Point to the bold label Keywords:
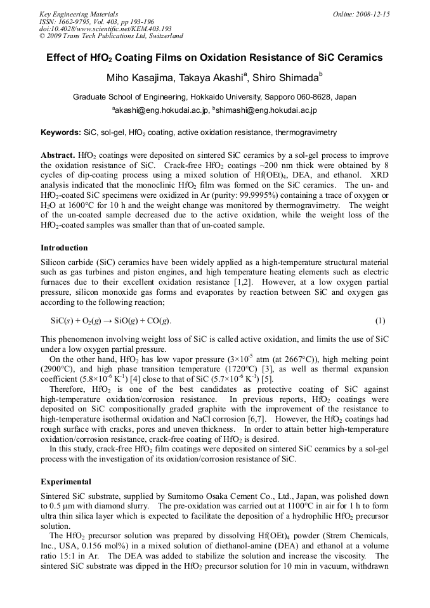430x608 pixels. (x=61, y=133)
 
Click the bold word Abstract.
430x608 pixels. (x=58, y=155)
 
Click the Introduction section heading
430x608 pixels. (x=64, y=247)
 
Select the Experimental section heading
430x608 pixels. (x=65, y=481)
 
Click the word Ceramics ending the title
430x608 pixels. (x=359, y=58)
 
